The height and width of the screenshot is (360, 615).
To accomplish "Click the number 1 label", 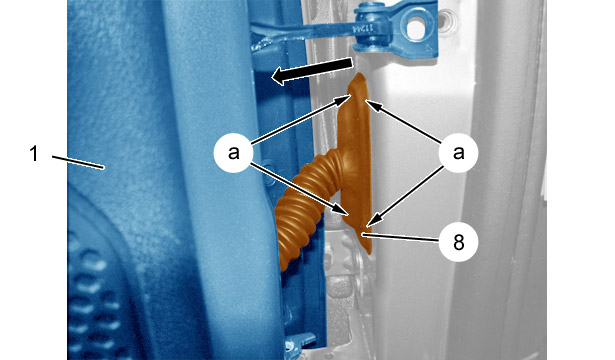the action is (34, 153).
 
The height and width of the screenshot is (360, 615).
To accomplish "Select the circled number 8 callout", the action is (458, 242).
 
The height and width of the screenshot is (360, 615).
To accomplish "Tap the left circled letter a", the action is (233, 153).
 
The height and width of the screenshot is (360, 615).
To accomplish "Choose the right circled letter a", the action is (458, 153).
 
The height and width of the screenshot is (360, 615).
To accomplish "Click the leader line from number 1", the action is (78, 162).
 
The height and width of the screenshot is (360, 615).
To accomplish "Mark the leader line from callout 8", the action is (400, 238).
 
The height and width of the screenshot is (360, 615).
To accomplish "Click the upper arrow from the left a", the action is (300, 119).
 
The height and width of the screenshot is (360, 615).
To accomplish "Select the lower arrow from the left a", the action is (299, 189).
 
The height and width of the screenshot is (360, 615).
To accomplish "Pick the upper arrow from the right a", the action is (404, 121).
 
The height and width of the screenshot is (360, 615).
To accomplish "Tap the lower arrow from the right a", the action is (406, 196).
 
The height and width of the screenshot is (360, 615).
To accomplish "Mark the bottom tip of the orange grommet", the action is (368, 253).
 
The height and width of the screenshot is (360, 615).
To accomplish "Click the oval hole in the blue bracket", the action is (417, 28).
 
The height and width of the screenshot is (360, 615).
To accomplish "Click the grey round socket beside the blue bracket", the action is (447, 19).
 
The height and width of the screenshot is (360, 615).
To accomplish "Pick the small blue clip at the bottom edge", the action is (301, 342).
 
